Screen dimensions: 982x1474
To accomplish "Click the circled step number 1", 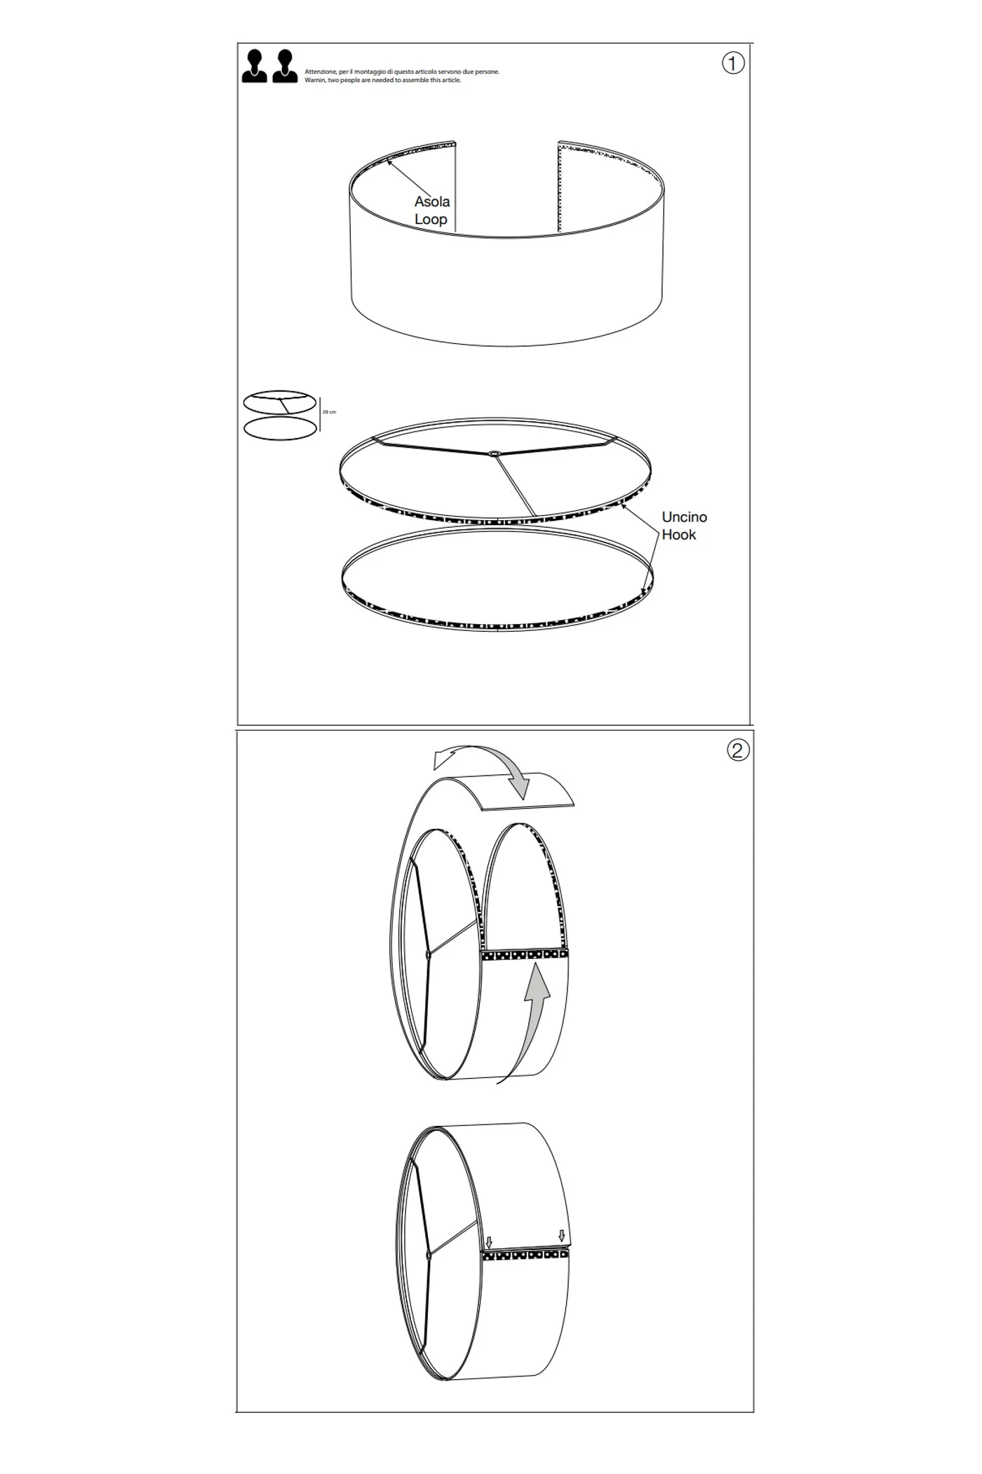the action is click(733, 64).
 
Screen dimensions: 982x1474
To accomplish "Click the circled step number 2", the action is click(737, 750).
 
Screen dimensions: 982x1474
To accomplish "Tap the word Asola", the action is click(432, 201).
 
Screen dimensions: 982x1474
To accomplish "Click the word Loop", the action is click(431, 219).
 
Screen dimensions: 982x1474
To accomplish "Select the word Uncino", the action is click(685, 517).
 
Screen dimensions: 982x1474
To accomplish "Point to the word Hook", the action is click(679, 535).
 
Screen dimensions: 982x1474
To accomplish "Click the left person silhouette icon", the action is click(255, 67).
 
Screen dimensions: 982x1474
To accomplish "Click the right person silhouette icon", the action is click(285, 67).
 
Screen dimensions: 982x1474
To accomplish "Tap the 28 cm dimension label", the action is click(329, 412).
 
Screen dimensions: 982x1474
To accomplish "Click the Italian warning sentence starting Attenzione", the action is click(402, 72).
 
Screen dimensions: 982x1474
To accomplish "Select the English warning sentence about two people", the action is click(383, 80).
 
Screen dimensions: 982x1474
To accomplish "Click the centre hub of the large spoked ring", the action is click(495, 454).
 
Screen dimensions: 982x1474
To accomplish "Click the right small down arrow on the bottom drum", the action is click(561, 1235).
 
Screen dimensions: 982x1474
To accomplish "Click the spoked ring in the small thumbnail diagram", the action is click(280, 403).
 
